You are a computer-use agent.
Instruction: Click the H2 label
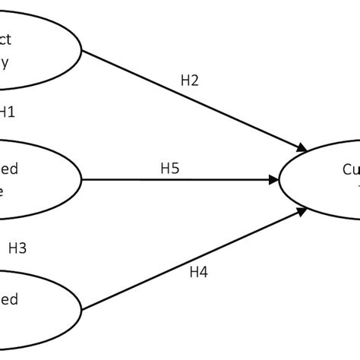click(191, 81)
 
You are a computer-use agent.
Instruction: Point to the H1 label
click(7, 112)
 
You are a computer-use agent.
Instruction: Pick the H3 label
click(17, 247)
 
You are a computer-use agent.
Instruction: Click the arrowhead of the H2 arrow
click(305, 147)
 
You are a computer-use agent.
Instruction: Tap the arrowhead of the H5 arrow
click(274, 180)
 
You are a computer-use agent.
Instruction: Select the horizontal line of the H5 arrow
click(175, 180)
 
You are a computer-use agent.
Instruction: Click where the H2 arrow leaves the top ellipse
click(82, 52)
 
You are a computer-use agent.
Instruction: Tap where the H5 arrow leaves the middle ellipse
click(83, 180)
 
